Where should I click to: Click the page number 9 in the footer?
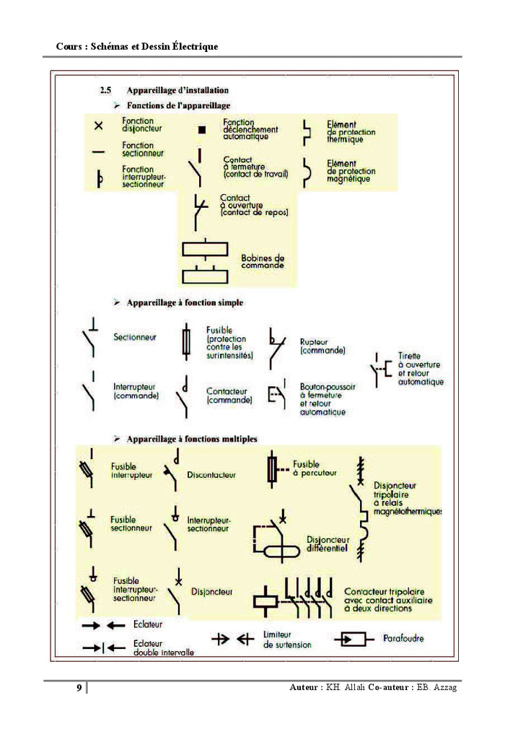79,688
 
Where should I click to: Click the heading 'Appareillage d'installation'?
177,90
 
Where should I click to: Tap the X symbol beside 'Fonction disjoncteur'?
99,126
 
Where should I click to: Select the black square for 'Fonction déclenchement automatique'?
202,130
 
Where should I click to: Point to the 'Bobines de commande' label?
262,261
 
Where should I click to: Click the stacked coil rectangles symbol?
206,261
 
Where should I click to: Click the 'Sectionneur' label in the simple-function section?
135,337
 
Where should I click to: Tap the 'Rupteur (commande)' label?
322,346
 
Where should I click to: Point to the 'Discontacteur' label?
211,475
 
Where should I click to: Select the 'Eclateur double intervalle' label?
164,647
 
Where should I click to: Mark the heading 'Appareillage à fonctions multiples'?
192,439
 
